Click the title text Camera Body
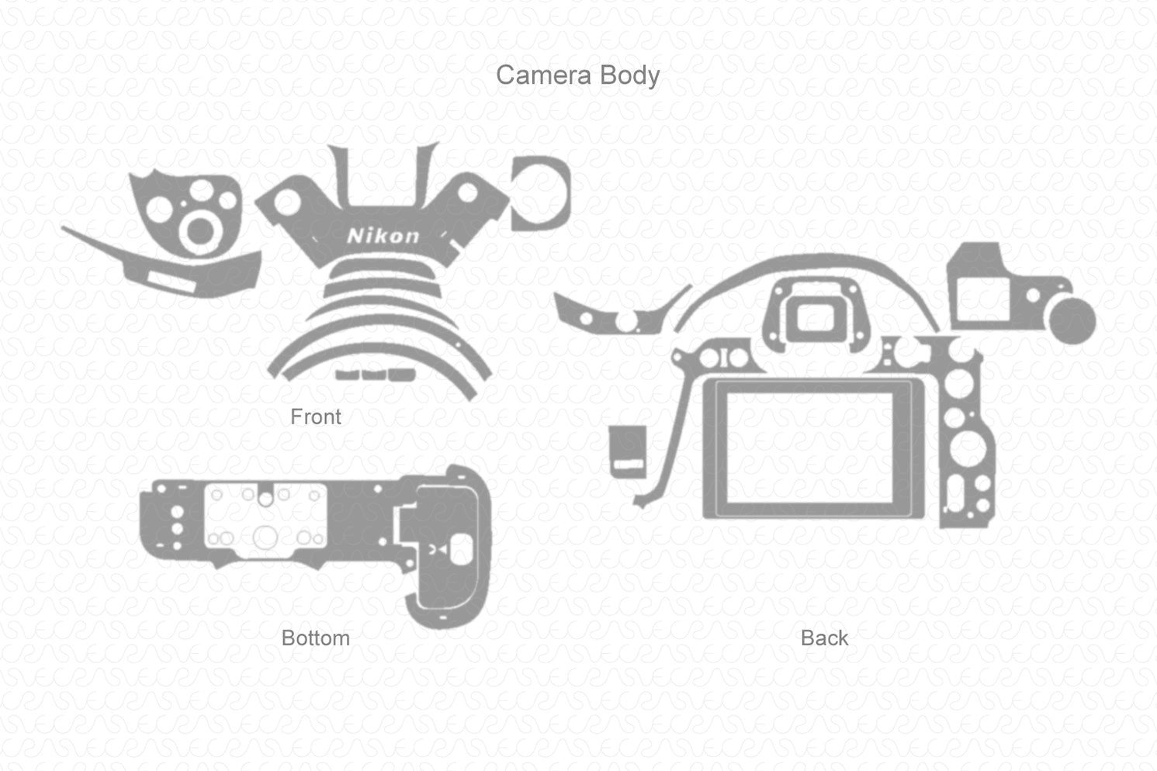577,75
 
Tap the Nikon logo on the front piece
383,235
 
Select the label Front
315,417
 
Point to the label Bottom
315,638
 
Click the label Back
824,638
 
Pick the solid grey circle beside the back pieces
1072,320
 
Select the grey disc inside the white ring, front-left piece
201,230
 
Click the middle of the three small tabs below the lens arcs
374,375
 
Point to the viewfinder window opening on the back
813,317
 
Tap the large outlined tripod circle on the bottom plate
265,537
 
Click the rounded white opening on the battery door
461,549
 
